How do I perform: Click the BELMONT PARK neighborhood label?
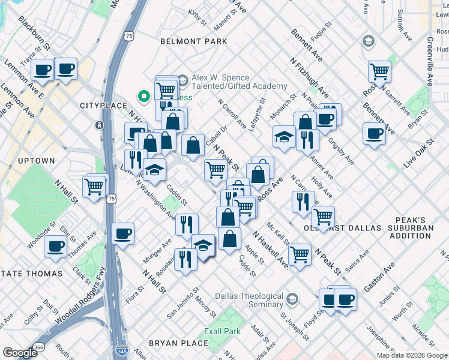[x=194, y=41]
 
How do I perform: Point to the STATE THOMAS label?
[x=32, y=274]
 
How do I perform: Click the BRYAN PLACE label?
[x=178, y=343]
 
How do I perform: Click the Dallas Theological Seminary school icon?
[x=292, y=299]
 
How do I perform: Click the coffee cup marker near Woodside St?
[x=57, y=246]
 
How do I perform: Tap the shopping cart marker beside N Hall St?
[x=94, y=187]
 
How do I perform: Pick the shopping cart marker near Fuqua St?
[x=379, y=71]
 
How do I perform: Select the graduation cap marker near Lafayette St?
[x=284, y=137]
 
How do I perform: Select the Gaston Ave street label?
[x=379, y=277]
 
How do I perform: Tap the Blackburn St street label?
[x=35, y=33]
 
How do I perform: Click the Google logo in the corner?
[x=20, y=352]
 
